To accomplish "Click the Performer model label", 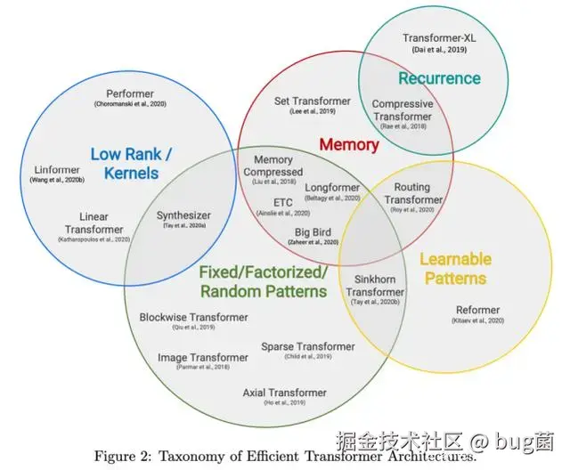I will tap(130, 93).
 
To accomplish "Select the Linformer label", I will tap(58, 169).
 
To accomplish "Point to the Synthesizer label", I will tap(184, 215).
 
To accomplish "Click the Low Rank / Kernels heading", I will tap(132, 163).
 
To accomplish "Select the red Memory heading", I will tap(349, 144).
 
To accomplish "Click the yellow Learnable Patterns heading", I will tap(455, 268).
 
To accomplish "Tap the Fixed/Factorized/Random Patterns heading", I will tap(265, 281).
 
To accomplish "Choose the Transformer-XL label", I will tap(439, 38).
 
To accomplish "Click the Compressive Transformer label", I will tap(402, 110).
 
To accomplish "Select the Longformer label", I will tap(332, 188).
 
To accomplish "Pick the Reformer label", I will tap(477, 310).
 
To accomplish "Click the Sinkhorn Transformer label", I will tap(375, 286).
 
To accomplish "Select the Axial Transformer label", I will tap(285, 393).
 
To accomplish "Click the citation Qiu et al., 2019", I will tap(194, 328).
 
